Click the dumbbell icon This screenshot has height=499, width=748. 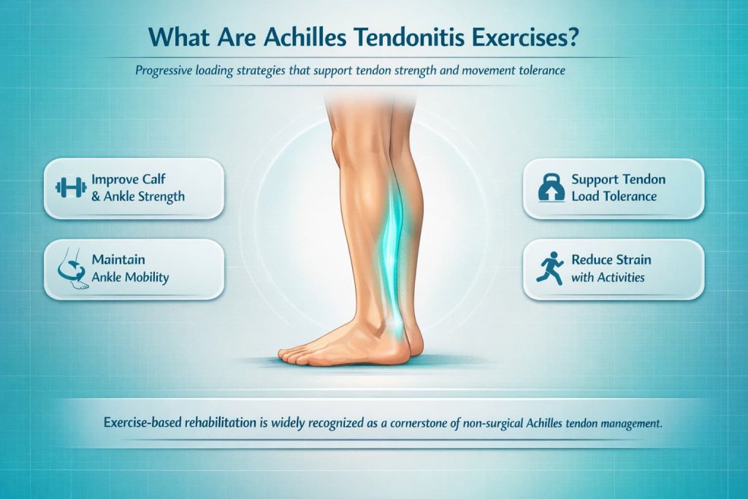tap(71, 188)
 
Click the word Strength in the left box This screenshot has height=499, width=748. tap(159, 196)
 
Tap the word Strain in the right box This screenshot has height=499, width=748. tap(630, 260)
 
